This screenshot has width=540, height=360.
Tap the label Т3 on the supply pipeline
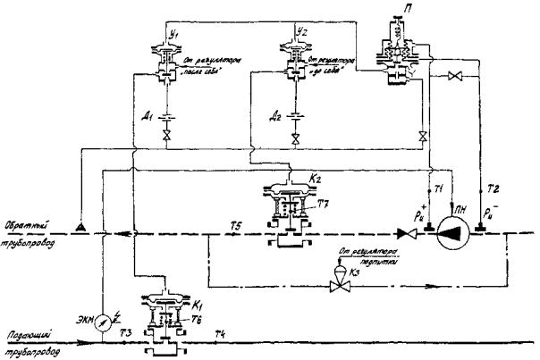[127, 332]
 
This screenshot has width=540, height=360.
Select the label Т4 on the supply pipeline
[218, 332]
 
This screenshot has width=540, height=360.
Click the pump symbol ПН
[455, 233]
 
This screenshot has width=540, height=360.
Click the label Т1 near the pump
[440, 190]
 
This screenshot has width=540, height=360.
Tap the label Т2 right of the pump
[493, 190]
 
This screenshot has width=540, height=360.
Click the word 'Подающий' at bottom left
[29, 332]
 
